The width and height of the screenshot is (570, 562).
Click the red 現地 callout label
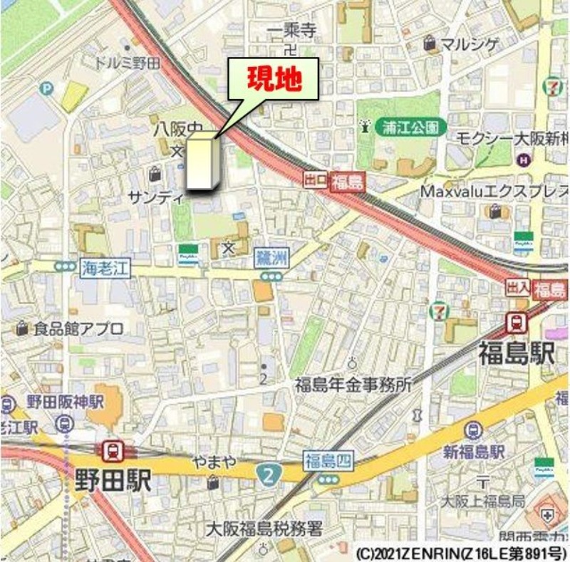click(x=273, y=79)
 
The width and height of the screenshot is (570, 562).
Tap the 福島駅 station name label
click(x=517, y=353)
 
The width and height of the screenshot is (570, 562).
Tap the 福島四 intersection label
click(x=328, y=460)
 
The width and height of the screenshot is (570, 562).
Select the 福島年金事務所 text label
click(x=353, y=385)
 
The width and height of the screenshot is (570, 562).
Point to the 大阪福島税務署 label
click(x=264, y=529)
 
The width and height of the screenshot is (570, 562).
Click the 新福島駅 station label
click(x=474, y=452)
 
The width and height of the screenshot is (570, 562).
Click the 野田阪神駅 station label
click(x=65, y=400)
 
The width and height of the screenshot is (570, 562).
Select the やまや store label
click(x=214, y=462)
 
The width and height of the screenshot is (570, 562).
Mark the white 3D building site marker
click(x=201, y=161)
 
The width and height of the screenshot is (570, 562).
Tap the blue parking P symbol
click(x=47, y=88)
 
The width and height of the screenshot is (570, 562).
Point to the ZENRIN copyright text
click(x=459, y=552)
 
